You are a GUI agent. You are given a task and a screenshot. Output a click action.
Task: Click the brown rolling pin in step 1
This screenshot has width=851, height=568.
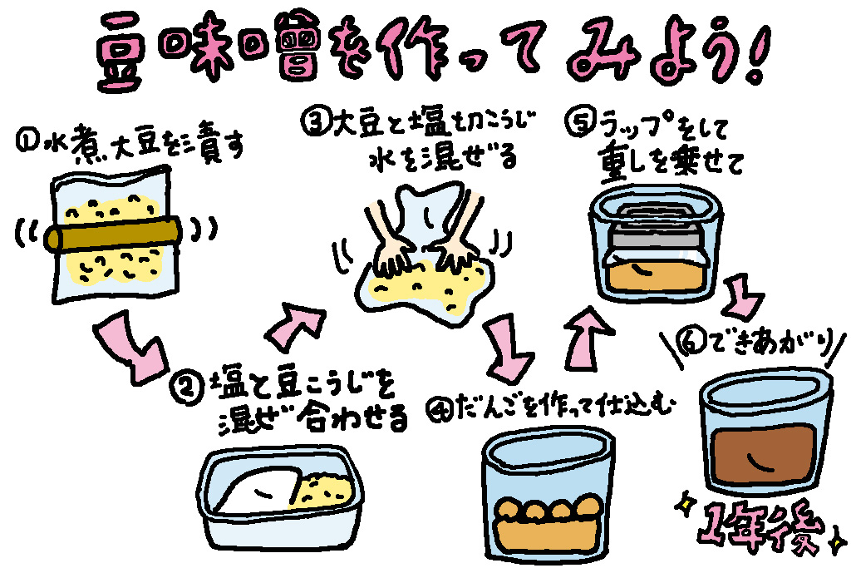(116, 235)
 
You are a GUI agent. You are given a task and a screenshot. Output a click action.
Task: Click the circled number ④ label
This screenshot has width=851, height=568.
(437, 408)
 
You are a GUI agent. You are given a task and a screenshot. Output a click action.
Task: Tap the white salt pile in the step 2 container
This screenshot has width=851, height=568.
(260, 491)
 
